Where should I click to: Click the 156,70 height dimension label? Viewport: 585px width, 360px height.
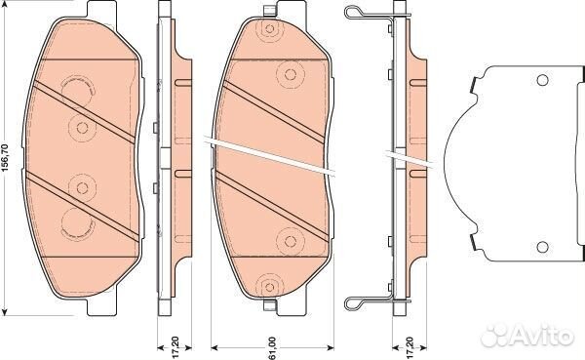pyautogui.click(x=5, y=158)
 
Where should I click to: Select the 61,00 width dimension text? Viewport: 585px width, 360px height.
pyautogui.click(x=273, y=349)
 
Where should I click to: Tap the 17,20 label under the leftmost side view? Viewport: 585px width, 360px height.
pyautogui.click(x=175, y=348)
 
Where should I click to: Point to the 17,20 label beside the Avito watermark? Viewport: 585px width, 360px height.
pyautogui.click(x=409, y=348)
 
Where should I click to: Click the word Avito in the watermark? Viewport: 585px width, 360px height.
pyautogui.click(x=543, y=336)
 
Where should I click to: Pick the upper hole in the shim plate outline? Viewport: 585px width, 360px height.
pyautogui.click(x=542, y=80)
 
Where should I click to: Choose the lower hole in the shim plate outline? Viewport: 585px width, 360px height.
pyautogui.click(x=542, y=247)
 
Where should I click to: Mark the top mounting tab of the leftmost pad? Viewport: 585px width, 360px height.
pyautogui.click(x=101, y=10)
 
